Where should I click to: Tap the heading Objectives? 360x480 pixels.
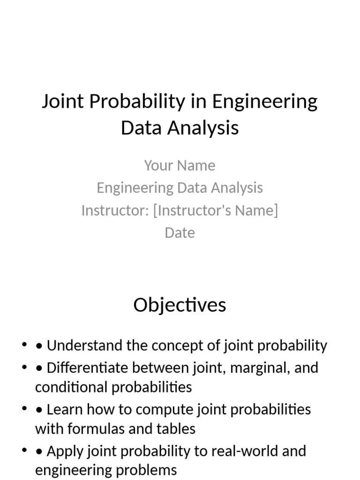coord(180,305)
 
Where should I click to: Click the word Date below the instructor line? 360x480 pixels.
coord(180,233)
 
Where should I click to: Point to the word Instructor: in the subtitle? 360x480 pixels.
coord(114,210)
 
